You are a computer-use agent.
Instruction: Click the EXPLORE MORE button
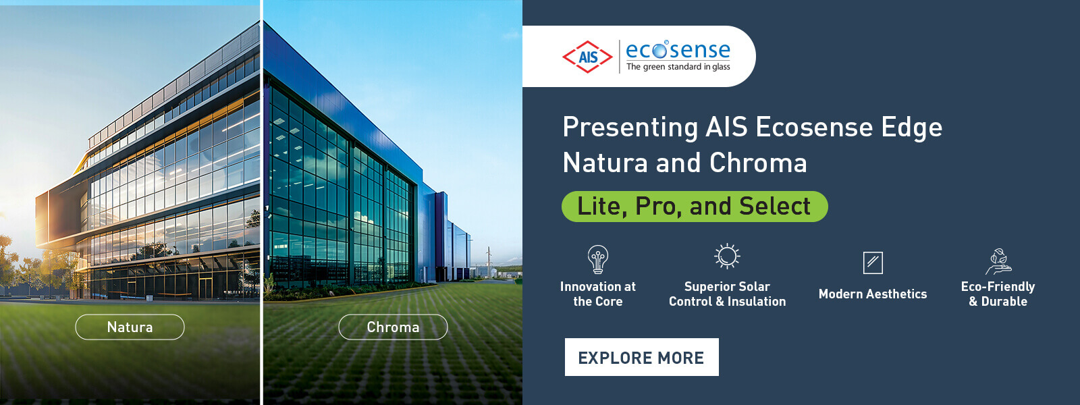[x=642, y=357]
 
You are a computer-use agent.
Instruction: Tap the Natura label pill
[x=130, y=327]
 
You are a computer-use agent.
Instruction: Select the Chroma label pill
[x=393, y=327]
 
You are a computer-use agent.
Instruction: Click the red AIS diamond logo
[x=587, y=57]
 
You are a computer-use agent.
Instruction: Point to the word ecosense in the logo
[x=678, y=50]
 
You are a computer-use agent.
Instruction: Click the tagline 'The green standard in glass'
[x=678, y=67]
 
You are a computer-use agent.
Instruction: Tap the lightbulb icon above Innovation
[x=598, y=259]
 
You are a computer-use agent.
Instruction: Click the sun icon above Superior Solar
[x=727, y=256]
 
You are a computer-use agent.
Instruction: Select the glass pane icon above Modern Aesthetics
[x=873, y=263]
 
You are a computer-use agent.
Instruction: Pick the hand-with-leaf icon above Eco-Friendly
[x=998, y=262]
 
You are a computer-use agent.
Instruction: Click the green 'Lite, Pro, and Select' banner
[x=695, y=207]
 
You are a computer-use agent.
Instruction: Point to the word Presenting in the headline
[x=630, y=128]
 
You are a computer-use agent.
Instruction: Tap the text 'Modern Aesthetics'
[x=873, y=294]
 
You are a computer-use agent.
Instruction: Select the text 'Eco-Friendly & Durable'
[x=998, y=294]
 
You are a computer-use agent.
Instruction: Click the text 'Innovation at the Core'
[x=598, y=294]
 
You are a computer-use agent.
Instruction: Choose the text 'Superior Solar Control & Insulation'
[x=727, y=294]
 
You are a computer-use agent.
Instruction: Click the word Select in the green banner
[x=775, y=207]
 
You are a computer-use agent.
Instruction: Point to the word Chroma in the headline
[x=758, y=163]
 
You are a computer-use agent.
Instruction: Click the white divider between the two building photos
[x=261, y=202]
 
